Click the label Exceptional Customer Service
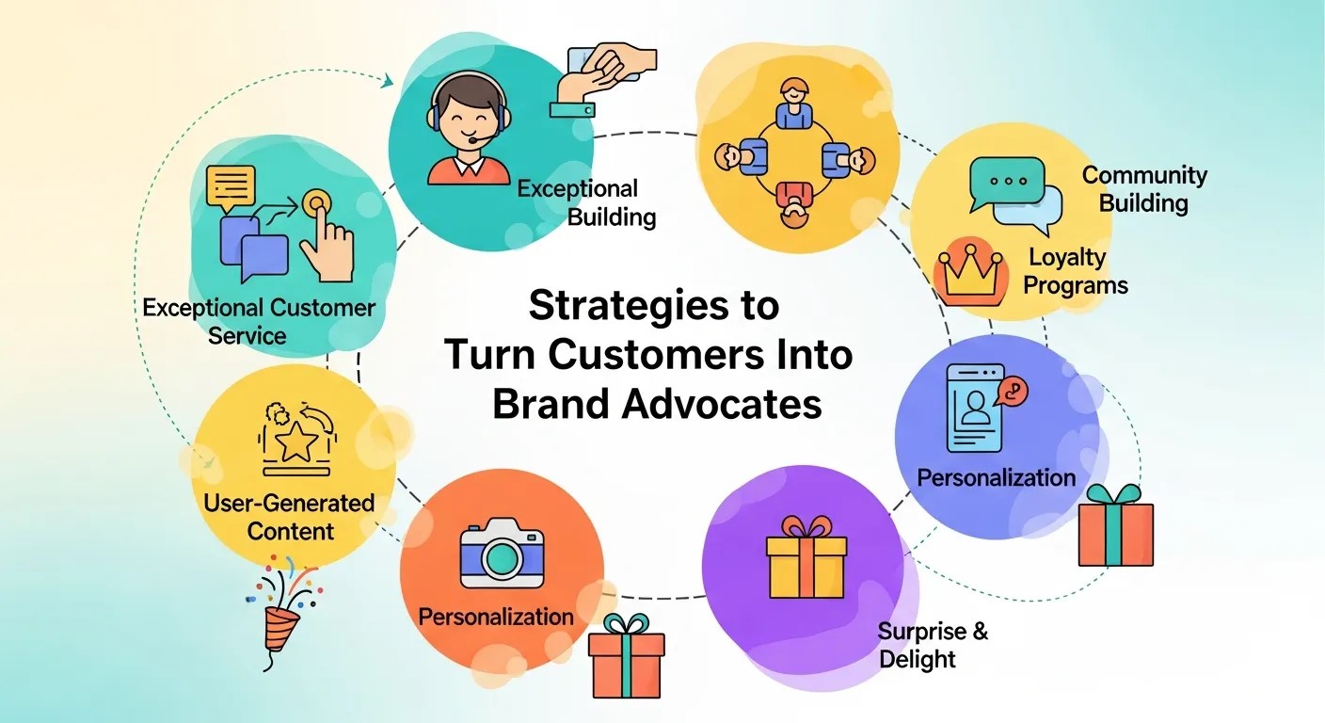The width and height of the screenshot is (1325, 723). pos(259,321)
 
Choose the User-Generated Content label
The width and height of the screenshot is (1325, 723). pos(289,516)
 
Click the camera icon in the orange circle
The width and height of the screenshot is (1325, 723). pos(502,555)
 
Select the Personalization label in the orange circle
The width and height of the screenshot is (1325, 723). pos(496,617)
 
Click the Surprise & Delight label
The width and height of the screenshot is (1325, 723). pos(933,645)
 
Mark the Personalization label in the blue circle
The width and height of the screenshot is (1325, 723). pos(996,477)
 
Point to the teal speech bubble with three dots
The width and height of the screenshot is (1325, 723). pos(1007,181)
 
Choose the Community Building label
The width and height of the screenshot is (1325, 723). pos(1144,188)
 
